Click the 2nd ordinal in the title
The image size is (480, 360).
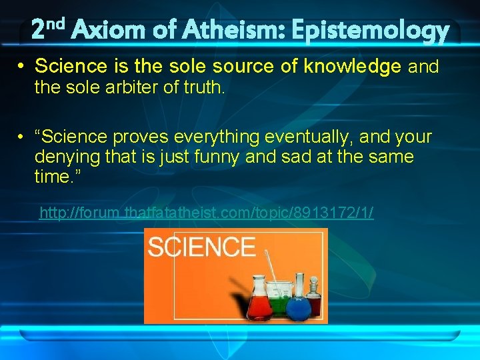point(49,29)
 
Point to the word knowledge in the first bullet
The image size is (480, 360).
point(353,67)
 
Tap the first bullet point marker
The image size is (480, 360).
point(23,67)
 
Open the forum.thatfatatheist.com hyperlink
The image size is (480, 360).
point(206,213)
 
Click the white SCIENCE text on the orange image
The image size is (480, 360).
point(201,247)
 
